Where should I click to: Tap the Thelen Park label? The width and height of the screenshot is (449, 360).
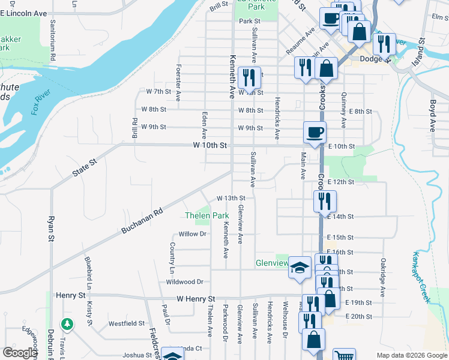(x=207, y=215)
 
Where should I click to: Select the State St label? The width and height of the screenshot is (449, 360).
(x=85, y=167)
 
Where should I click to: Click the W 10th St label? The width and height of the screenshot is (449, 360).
(x=209, y=145)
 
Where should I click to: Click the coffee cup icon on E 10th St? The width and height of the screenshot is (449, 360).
(x=315, y=132)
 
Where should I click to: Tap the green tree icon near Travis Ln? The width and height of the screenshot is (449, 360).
(x=67, y=324)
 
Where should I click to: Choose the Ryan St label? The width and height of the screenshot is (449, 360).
(x=51, y=229)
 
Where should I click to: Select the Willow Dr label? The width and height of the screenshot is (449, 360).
(x=192, y=234)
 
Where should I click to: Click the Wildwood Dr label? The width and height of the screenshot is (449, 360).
(x=184, y=281)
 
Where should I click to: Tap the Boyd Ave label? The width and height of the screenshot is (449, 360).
(x=432, y=115)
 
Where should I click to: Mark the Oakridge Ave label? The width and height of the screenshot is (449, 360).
(x=382, y=273)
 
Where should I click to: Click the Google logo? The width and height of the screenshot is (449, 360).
(x=20, y=353)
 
